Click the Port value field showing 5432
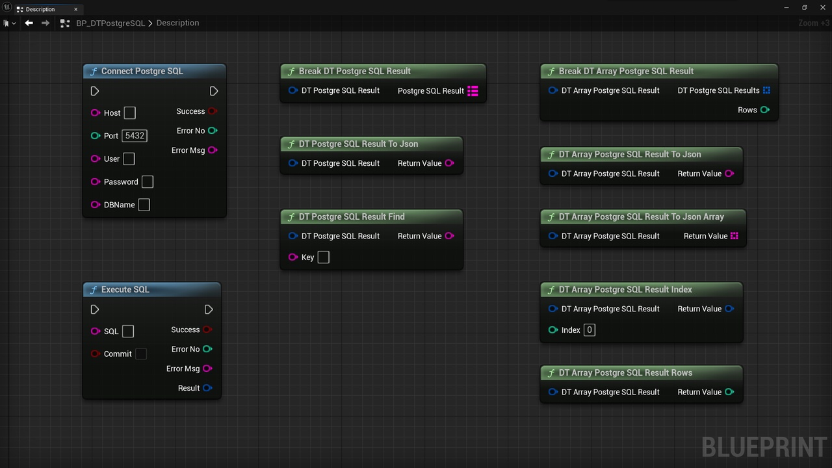point(135,136)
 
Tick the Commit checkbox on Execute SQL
point(141,354)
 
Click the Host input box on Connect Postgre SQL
point(129,112)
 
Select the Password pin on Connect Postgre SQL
point(95,181)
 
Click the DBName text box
point(144,205)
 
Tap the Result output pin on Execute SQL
point(207,388)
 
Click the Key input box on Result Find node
point(324,257)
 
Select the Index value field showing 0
point(590,330)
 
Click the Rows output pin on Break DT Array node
point(765,110)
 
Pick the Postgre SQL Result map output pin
point(473,90)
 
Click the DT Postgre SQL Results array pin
point(766,90)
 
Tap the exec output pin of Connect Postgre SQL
point(214,91)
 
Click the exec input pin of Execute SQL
point(95,309)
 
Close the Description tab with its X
point(76,9)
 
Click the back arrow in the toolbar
point(29,23)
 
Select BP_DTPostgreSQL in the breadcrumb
point(110,23)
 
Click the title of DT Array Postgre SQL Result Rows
point(625,372)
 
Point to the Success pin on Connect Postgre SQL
point(213,111)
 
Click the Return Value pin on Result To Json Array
point(734,236)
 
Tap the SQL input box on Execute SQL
point(128,331)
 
